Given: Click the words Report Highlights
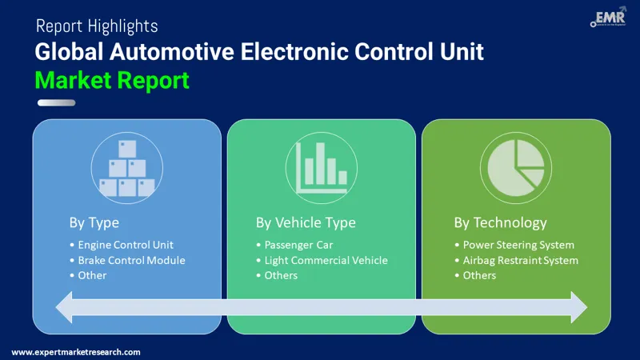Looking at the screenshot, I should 96,26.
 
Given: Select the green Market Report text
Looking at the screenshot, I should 112,79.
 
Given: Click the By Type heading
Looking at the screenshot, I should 94,222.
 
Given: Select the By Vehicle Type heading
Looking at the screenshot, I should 306,222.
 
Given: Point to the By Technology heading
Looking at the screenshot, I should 500,222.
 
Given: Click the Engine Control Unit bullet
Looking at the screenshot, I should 126,245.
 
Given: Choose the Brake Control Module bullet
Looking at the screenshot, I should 131,260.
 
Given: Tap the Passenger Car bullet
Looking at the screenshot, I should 298,245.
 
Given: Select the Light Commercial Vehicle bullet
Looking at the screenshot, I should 326,260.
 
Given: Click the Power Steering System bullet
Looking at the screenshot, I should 518,245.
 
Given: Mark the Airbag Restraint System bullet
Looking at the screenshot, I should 520,260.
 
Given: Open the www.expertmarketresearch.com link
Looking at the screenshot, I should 76,352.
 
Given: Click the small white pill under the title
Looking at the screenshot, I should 56,102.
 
